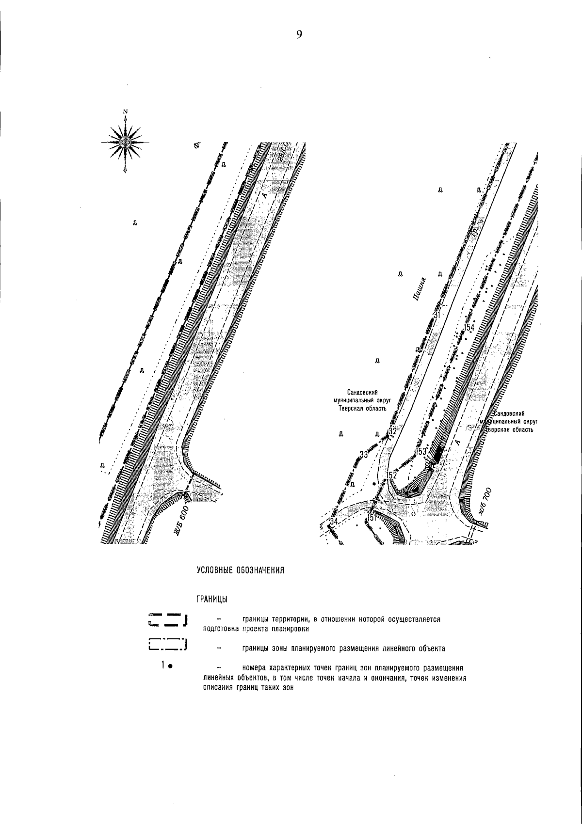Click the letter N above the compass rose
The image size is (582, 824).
coord(126,112)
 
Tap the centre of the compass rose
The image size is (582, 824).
coord(126,142)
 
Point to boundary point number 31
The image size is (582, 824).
coord(436,315)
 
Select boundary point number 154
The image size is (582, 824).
coord(469,328)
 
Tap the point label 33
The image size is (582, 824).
coord(364,455)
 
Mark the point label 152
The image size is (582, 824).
coord(391,475)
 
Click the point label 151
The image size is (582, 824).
coord(372,518)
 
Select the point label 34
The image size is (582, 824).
coord(333,521)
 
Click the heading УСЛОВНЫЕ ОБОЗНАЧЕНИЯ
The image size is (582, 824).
coord(240,570)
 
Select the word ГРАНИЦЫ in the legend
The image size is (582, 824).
coord(212,600)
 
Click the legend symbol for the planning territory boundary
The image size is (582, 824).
coord(168,620)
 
